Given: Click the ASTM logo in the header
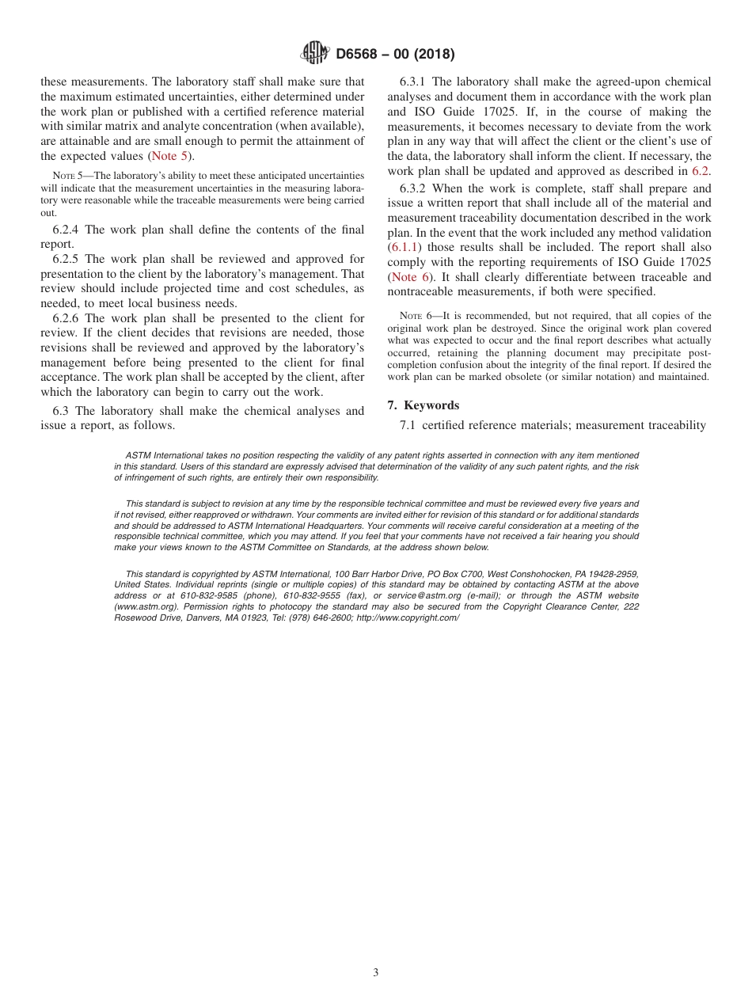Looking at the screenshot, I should point(315,54).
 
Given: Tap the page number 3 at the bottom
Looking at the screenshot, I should point(376,972).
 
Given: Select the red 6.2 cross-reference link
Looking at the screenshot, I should point(701,171).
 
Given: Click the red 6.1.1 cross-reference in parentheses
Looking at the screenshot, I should point(404,248).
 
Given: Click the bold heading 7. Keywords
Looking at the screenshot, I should point(423,405).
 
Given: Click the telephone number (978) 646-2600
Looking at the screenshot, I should point(318,617).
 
